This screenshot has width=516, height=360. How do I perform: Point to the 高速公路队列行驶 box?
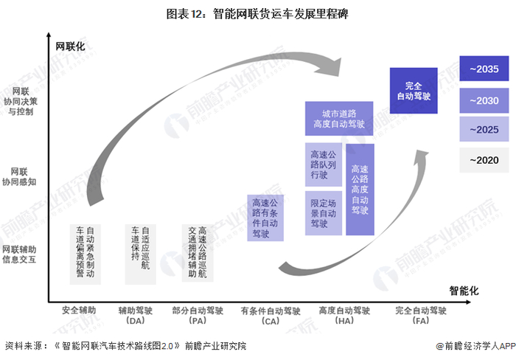tap(323, 165)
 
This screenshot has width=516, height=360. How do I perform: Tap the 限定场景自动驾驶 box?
tap(323, 212)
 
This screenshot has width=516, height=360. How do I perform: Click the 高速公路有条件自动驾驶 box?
tap(266, 218)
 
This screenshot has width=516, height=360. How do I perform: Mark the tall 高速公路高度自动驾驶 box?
tap(360, 190)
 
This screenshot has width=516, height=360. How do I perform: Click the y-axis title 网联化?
tap(71, 46)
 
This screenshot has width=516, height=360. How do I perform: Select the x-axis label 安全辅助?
tap(79, 311)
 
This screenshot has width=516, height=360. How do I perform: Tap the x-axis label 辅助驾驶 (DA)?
tap(136, 316)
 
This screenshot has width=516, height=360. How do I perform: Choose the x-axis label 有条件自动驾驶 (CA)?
tap(270, 316)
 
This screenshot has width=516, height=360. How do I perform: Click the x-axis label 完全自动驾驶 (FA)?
tap(421, 316)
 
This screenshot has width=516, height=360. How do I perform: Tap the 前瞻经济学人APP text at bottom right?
tap(476, 345)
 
